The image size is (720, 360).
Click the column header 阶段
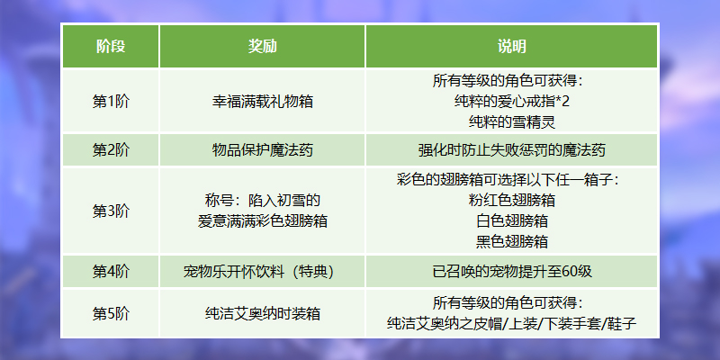click(x=111, y=47)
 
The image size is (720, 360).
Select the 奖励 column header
click(x=262, y=47)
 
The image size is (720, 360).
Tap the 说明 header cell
click(x=511, y=47)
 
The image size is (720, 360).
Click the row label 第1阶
click(x=111, y=102)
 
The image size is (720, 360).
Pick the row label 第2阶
click(x=111, y=150)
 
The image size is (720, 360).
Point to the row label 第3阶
click(x=111, y=211)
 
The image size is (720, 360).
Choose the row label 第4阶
click(x=111, y=272)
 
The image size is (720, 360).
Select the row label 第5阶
click(x=111, y=313)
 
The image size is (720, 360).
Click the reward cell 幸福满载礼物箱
click(x=262, y=102)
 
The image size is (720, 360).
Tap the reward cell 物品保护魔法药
click(x=262, y=150)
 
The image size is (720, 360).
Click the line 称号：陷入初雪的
click(x=262, y=201)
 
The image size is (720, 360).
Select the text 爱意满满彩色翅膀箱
click(x=262, y=220)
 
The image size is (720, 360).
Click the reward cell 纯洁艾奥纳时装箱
click(x=262, y=313)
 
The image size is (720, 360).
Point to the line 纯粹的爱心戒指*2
click(x=511, y=102)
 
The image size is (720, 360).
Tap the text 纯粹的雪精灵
click(x=511, y=121)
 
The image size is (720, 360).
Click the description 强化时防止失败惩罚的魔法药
click(x=511, y=150)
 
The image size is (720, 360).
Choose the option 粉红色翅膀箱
click(x=511, y=201)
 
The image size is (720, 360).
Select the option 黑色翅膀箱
click(x=511, y=241)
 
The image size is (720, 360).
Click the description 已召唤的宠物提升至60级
click(x=511, y=272)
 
